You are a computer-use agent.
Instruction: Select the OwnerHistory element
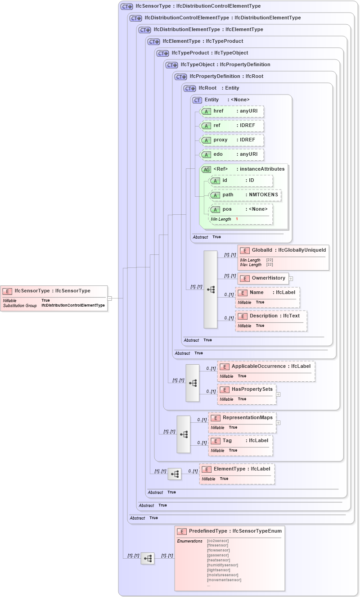coord(263,278)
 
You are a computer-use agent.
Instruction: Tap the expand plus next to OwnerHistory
coord(291,279)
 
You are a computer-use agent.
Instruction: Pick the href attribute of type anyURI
coord(231,111)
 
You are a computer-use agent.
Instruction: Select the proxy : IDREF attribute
coord(231,140)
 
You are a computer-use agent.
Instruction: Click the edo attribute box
coord(231,154)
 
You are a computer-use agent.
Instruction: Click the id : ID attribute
coord(241,181)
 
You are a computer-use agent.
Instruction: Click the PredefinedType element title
coord(229,532)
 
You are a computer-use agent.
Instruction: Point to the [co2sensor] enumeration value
coord(218,541)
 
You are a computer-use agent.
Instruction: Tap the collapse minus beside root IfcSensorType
coord(109,298)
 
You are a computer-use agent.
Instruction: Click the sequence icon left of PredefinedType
coord(148,558)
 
